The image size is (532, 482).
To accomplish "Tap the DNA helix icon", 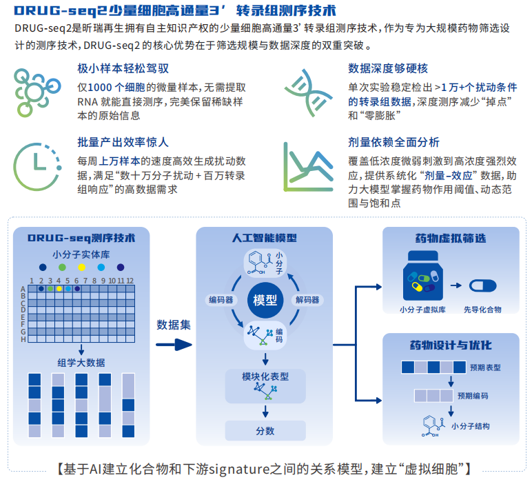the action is click(308, 92).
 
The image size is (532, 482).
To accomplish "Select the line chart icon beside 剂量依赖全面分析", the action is click(308, 167).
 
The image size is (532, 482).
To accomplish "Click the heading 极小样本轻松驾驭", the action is click(123, 68).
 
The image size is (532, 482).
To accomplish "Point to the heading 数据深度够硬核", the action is click(388, 68).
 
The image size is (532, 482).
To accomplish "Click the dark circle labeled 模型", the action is click(265, 300).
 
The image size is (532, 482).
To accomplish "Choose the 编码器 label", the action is click(221, 300).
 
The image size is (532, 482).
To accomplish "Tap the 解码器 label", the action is click(307, 300).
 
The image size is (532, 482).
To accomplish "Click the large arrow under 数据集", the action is click(174, 345).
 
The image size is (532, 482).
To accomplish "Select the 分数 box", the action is click(265, 431).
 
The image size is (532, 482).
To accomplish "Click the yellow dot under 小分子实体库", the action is click(81, 268).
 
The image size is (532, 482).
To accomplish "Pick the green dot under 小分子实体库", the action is click(62, 268).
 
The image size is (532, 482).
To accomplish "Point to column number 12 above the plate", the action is click(130, 281).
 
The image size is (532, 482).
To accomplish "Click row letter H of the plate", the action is click(23, 339).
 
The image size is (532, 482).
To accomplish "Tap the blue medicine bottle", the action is click(422, 275).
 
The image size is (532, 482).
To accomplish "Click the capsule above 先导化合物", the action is click(482, 285).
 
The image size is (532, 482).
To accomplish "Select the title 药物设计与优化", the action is click(451, 345).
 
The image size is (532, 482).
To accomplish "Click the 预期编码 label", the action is click(473, 396).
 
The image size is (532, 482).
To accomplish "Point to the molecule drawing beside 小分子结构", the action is click(433, 426).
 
